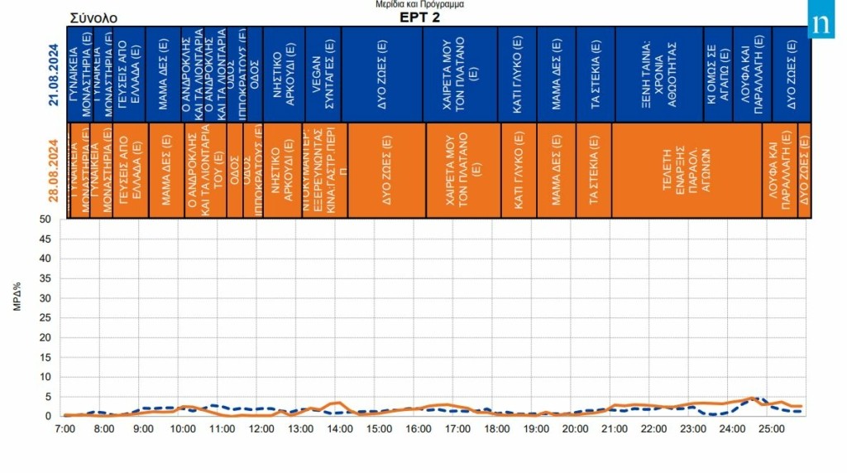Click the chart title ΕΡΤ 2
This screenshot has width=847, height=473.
[x=419, y=17]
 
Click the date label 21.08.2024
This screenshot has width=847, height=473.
[x=54, y=74]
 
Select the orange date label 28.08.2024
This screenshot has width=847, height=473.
[x=54, y=171]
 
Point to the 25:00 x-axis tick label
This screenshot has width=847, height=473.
[x=771, y=429]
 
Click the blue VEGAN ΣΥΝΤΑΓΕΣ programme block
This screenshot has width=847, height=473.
[x=323, y=74]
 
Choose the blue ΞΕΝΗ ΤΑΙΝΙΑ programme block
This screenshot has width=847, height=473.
[x=658, y=74]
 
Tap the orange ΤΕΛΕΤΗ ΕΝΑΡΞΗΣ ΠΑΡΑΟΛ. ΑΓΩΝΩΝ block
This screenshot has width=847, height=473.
[x=687, y=171]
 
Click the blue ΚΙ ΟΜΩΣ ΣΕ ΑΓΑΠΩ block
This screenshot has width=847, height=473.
[x=717, y=74]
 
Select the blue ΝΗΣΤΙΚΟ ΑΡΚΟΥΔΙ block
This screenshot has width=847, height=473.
[x=284, y=74]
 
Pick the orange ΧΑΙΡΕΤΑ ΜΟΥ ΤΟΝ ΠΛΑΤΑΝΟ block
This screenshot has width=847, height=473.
[x=462, y=171]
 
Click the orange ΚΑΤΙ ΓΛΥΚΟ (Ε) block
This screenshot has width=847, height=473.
[x=518, y=171]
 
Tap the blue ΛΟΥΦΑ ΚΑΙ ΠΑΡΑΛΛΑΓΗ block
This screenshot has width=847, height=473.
[x=752, y=74]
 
